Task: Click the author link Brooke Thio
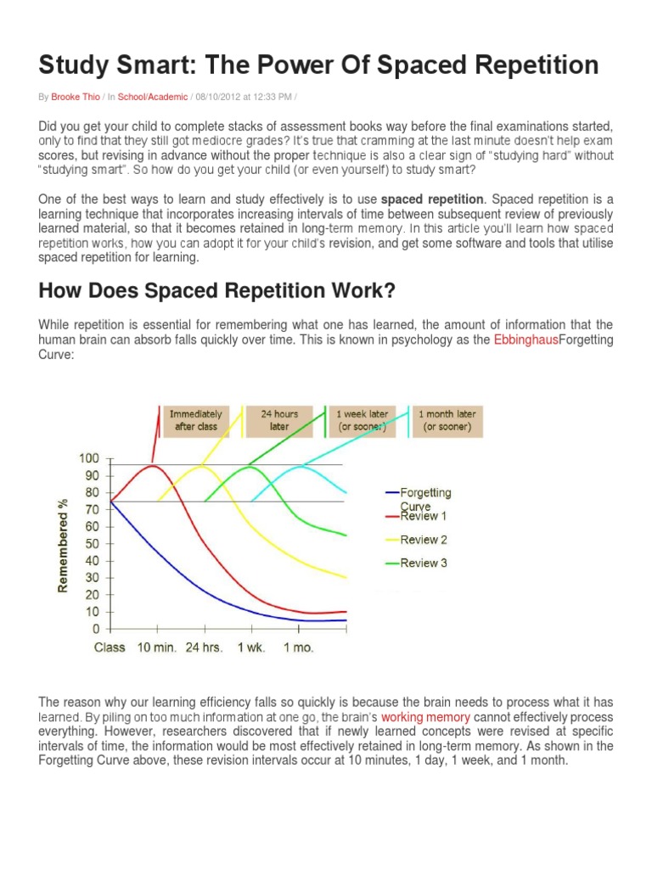[x=75, y=97]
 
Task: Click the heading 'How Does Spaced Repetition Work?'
[x=216, y=291]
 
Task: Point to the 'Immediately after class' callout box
[x=196, y=420]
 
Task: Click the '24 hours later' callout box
[x=280, y=420]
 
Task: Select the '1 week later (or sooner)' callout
[x=363, y=420]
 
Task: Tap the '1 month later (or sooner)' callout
[x=447, y=420]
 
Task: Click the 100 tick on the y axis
[x=89, y=458]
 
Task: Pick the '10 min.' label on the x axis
[x=156, y=647]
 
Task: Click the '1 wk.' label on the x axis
[x=250, y=647]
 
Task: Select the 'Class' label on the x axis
[x=110, y=647]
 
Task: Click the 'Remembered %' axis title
[x=63, y=544]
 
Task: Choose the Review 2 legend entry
[x=424, y=539]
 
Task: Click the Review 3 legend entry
[x=424, y=563]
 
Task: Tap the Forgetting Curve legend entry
[x=425, y=498]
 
